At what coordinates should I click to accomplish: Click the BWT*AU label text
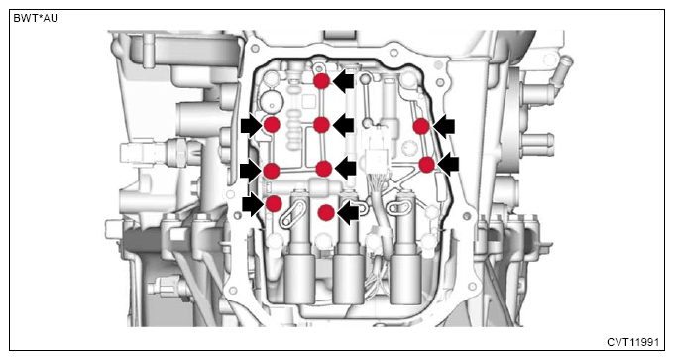[x=36, y=19]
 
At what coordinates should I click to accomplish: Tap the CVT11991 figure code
[x=632, y=342]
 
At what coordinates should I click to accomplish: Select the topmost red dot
[x=321, y=81]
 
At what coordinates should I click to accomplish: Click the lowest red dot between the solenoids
[x=326, y=212]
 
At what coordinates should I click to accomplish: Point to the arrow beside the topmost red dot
[x=344, y=81]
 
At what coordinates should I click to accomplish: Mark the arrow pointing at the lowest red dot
[x=348, y=213]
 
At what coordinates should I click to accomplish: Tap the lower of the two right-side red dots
[x=427, y=165]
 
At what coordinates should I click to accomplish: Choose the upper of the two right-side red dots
[x=421, y=127]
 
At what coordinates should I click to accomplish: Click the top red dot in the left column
[x=272, y=125]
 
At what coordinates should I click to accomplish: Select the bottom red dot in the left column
[x=274, y=203]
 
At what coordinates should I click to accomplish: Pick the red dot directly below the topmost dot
[x=321, y=125]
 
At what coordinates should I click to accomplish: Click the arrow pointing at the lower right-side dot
[x=448, y=164]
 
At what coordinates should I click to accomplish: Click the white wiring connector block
[x=379, y=159]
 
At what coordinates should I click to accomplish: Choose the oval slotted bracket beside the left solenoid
[x=292, y=215]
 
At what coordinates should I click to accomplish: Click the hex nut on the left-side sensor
[x=181, y=152]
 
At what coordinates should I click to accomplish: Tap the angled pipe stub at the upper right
[x=561, y=71]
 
